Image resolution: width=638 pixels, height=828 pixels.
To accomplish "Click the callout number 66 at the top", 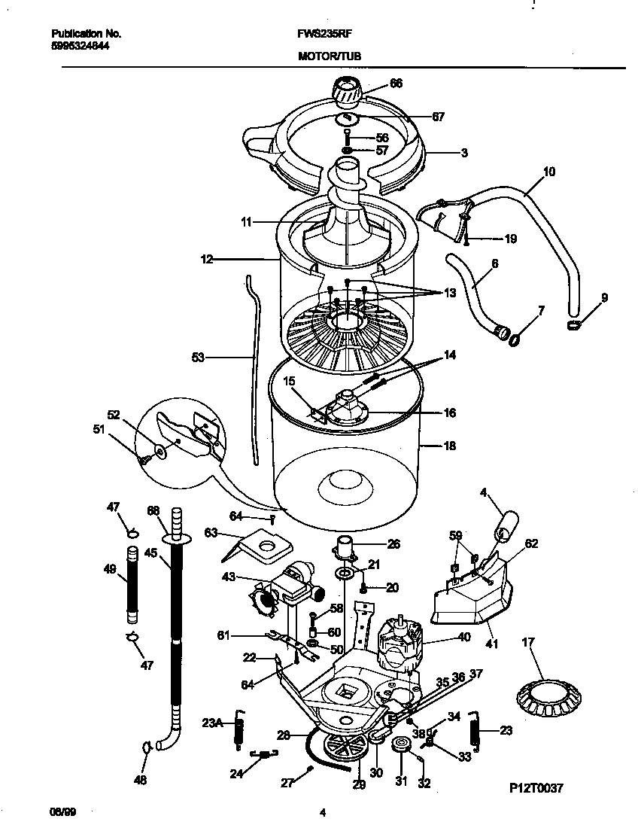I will [396, 83].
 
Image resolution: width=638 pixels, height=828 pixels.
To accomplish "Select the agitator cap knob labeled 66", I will [348, 92].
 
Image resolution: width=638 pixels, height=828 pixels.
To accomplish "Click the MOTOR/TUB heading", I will [324, 56].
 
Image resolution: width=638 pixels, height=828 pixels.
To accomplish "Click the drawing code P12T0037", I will [536, 787].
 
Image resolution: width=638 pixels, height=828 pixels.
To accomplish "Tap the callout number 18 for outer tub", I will [449, 446].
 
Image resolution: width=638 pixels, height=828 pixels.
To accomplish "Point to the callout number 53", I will [198, 358].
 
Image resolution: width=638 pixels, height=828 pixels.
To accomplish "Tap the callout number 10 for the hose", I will [548, 172].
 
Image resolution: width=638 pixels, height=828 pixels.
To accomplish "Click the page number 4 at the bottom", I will [322, 811].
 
